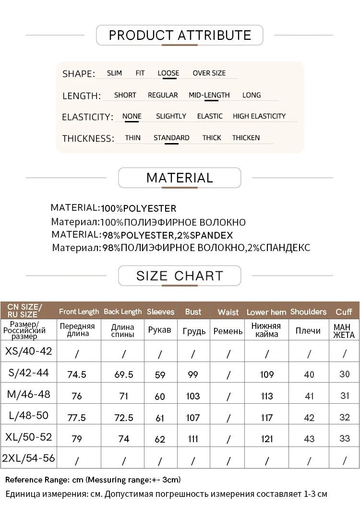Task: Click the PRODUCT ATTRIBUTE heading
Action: pyautogui.click(x=180, y=35)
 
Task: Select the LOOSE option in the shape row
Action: pyautogui.click(x=168, y=73)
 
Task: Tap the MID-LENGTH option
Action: pyautogui.click(x=209, y=95)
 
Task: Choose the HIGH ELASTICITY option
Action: pyautogui.click(x=259, y=116)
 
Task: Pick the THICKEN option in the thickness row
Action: pyautogui.click(x=246, y=138)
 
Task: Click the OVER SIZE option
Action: pyautogui.click(x=209, y=73)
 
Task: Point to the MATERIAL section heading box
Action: pyautogui.click(x=180, y=178)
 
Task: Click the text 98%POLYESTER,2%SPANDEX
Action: pyautogui.click(x=167, y=235)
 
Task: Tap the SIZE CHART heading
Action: pyautogui.click(x=180, y=276)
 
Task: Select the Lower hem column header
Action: pyautogui.click(x=266, y=312)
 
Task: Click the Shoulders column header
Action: pyautogui.click(x=308, y=312)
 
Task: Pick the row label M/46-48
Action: pyautogui.click(x=28, y=395)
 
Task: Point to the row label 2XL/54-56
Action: pyautogui.click(x=28, y=458)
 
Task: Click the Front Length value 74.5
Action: pyautogui.click(x=77, y=374)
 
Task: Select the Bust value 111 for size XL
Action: pyautogui.click(x=193, y=439)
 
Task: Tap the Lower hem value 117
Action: pyautogui.click(x=266, y=417)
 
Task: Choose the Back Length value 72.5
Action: pyautogui.click(x=123, y=417)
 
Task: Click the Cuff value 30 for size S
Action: pyautogui.click(x=344, y=374)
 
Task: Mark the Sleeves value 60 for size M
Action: pyautogui.click(x=160, y=396)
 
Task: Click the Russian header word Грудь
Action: pyautogui.click(x=194, y=331)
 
